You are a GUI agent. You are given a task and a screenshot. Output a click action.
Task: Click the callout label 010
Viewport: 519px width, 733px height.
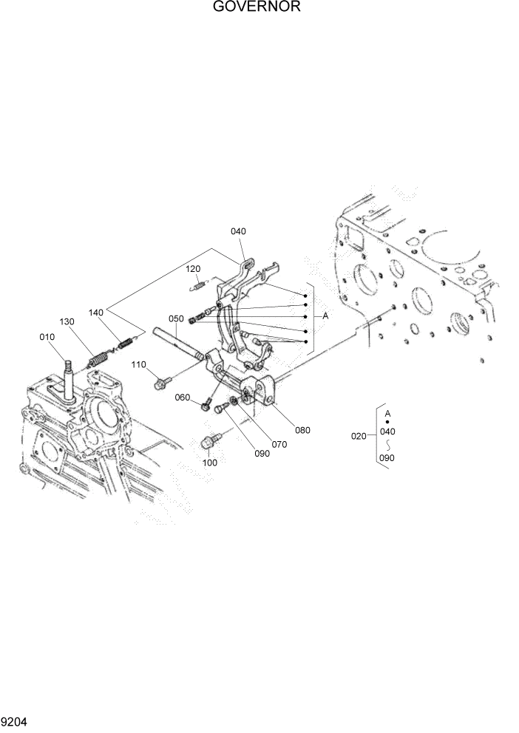pos(47,338)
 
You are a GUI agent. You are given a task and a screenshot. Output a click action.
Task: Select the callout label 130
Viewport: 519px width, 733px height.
pos(67,322)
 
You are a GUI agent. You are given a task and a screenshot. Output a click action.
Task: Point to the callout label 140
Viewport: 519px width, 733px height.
pos(96,313)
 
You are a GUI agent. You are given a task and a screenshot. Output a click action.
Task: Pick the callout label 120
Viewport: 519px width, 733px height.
pos(193,269)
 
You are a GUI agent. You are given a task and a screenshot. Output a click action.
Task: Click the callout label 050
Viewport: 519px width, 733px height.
pos(176,318)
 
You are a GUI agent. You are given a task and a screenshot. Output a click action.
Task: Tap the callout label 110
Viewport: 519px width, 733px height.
pos(139,364)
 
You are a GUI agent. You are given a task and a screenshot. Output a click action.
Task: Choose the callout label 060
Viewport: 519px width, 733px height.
pos(183,398)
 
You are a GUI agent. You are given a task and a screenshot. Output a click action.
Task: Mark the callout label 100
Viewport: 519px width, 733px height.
pos(210,463)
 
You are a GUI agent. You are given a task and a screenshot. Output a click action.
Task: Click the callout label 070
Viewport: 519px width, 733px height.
pos(279,445)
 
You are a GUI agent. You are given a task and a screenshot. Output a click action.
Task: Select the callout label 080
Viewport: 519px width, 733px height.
pos(302,429)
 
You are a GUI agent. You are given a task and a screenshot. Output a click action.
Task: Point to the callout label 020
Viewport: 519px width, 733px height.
pos(359,436)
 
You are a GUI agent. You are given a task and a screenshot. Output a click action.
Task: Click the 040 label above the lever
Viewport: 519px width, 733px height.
pos(237,231)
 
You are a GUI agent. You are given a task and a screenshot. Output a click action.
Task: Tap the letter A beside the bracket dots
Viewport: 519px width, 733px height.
pos(325,316)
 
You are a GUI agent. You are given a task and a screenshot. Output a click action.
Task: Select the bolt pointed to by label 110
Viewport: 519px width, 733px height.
pos(162,383)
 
